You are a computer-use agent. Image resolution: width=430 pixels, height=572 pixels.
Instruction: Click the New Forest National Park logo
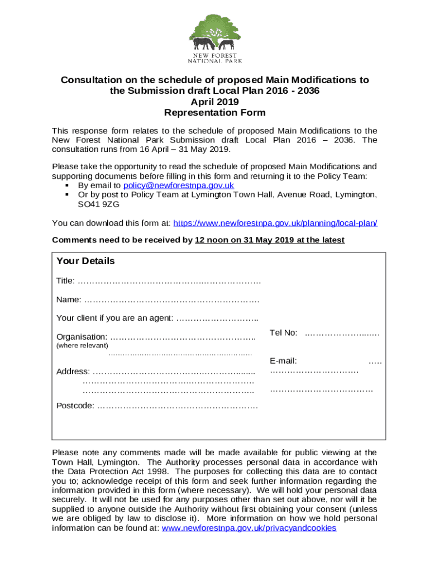214,38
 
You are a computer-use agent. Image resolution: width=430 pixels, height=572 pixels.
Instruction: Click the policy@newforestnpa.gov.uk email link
178,185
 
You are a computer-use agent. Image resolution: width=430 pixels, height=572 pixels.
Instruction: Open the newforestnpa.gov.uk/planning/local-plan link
275,223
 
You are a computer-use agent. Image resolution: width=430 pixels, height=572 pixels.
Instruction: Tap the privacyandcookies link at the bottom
249,528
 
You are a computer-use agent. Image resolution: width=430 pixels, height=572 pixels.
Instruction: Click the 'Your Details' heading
85,261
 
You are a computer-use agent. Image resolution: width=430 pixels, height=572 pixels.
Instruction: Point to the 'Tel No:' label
283,333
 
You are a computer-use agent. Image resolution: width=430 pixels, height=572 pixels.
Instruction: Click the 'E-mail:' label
283,361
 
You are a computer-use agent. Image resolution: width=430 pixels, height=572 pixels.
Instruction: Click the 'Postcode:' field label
75,406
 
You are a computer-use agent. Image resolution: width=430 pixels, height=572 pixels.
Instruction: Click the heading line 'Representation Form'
214,112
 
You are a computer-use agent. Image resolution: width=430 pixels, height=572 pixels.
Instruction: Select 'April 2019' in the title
214,102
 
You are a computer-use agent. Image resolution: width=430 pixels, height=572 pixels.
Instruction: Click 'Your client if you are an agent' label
114,318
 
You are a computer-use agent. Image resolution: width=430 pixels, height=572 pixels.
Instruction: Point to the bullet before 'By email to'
66,185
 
